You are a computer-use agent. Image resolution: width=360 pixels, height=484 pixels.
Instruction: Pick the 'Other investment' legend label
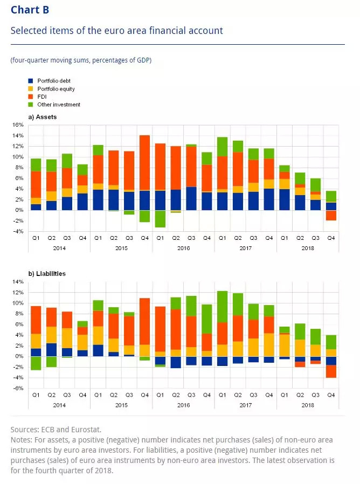click(59, 105)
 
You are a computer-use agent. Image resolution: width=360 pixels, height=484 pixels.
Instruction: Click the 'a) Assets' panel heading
click(43, 116)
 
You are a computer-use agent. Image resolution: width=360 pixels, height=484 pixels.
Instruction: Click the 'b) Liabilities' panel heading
click(47, 274)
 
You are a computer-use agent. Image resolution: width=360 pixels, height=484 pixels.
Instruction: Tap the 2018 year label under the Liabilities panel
click(307, 404)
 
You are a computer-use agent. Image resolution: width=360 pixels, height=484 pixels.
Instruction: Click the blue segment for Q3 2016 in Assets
click(191, 198)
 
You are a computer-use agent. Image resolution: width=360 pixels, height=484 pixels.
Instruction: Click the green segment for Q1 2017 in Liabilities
click(222, 307)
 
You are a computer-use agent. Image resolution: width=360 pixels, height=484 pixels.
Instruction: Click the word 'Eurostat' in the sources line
click(78, 430)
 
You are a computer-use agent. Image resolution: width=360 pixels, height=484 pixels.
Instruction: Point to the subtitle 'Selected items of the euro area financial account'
click(116, 30)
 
